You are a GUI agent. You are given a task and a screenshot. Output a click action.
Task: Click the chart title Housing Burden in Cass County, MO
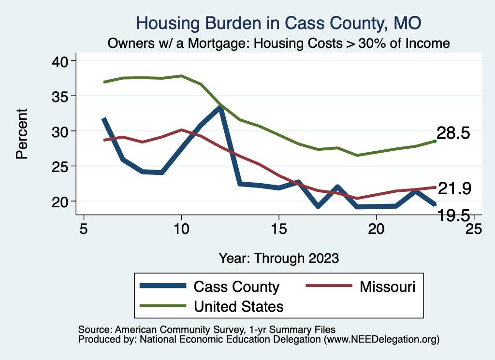click(x=279, y=23)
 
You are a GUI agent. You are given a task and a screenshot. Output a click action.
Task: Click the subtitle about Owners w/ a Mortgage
click(x=279, y=43)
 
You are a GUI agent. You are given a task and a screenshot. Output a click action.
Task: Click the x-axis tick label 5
click(x=84, y=229)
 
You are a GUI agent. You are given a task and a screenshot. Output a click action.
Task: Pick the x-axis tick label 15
click(x=278, y=229)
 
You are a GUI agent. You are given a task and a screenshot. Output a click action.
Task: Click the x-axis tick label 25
click(x=473, y=229)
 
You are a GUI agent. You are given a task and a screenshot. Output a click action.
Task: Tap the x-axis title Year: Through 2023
click(x=278, y=258)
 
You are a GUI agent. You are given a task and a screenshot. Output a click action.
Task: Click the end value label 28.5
click(x=453, y=133)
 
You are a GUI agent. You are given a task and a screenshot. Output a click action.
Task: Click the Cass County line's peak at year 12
click(x=220, y=107)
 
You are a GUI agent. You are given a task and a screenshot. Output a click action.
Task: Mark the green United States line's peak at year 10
click(x=181, y=76)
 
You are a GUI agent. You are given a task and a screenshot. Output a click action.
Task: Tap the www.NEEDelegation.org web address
click(x=382, y=339)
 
